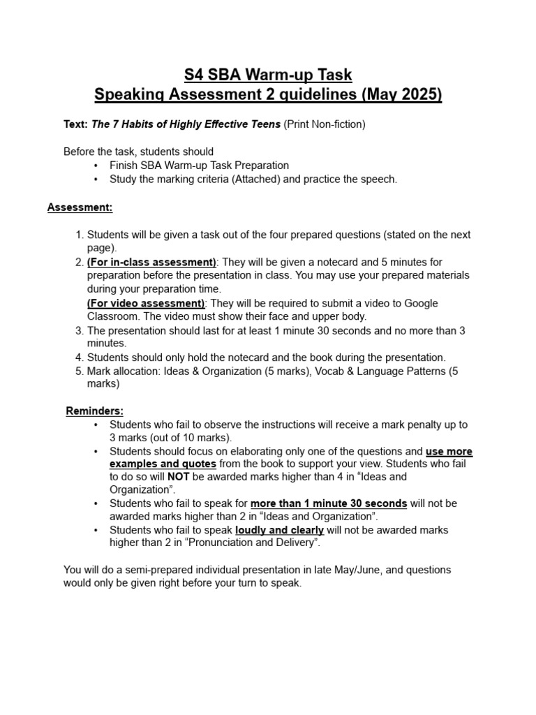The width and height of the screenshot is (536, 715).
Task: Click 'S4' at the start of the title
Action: click(x=193, y=74)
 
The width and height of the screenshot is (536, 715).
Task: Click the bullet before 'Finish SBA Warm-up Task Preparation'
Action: click(x=96, y=165)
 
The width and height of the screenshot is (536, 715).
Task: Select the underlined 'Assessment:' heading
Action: click(x=80, y=207)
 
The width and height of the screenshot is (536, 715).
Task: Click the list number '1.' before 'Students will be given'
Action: click(x=80, y=235)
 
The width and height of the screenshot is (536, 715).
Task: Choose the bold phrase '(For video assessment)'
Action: click(x=145, y=303)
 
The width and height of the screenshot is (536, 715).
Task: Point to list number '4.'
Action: click(x=80, y=357)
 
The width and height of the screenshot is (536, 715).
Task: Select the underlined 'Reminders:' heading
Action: click(x=94, y=411)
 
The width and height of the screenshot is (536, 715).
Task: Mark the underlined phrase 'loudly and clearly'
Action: click(x=279, y=530)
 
